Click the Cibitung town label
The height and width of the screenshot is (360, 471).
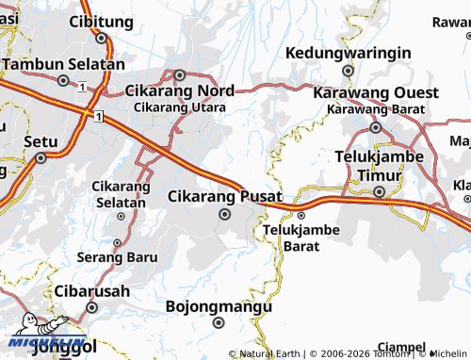pyautogui.click(x=102, y=21)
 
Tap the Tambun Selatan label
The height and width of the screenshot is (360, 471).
pyautogui.click(x=63, y=64)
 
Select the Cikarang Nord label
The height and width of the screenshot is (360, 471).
pyautogui.click(x=180, y=91)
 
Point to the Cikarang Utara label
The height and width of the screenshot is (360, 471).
pyautogui.click(x=179, y=107)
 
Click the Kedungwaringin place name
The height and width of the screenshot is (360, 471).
pyautogui.click(x=348, y=52)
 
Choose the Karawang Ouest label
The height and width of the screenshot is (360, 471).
pyautogui.click(x=375, y=93)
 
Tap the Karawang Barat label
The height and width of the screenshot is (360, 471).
pyautogui.click(x=374, y=109)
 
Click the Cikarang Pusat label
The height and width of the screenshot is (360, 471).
pyautogui.click(x=224, y=196)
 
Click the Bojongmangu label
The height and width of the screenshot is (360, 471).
pyautogui.click(x=219, y=306)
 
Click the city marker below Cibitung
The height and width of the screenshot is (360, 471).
pyautogui.click(x=101, y=39)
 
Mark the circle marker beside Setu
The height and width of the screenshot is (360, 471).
pyautogui.click(x=41, y=158)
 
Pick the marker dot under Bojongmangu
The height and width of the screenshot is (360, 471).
pyautogui.click(x=219, y=323)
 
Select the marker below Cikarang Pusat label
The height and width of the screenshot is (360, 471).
pyautogui.click(x=224, y=214)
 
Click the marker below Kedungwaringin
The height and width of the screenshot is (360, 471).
pyautogui.click(x=348, y=70)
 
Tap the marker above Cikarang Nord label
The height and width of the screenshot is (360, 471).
pyautogui.click(x=180, y=74)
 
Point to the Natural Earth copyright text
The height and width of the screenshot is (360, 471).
pyautogui.click(x=270, y=353)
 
